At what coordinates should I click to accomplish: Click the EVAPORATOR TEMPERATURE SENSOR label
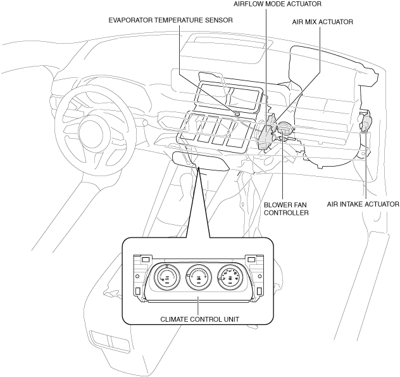point(170,20)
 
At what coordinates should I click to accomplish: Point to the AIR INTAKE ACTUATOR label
point(363,204)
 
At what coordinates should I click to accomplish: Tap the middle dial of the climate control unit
point(199,277)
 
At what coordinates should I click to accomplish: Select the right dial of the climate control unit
point(231,277)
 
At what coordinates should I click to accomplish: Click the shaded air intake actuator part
point(366,122)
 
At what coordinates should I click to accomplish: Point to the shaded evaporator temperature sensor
point(236,113)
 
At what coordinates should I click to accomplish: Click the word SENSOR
point(218,20)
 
